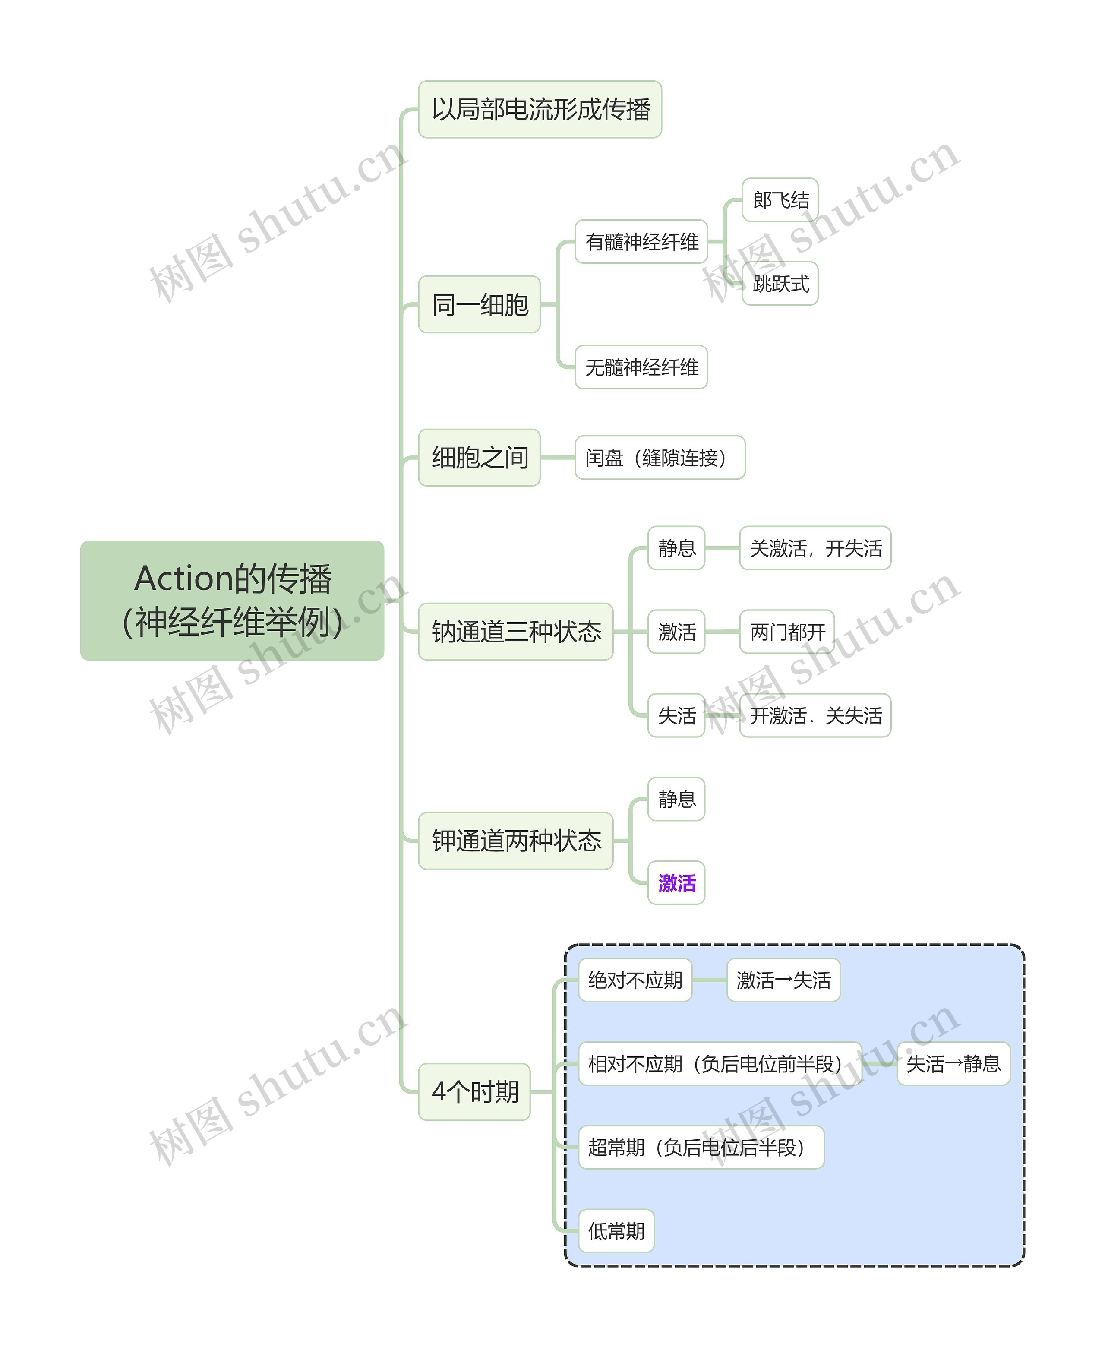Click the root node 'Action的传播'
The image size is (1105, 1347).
click(x=232, y=600)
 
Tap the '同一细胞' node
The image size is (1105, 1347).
click(x=479, y=304)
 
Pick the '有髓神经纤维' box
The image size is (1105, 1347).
click(x=641, y=242)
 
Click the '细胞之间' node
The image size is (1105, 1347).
click(x=479, y=458)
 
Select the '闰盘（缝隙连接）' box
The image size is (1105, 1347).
click(x=660, y=458)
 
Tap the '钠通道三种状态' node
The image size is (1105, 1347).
click(x=515, y=632)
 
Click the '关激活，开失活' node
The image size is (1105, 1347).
click(x=815, y=548)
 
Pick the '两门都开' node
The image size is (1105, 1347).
click(x=787, y=632)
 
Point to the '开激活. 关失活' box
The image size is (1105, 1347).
click(x=815, y=715)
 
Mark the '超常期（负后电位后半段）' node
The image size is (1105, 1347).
click(x=701, y=1148)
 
